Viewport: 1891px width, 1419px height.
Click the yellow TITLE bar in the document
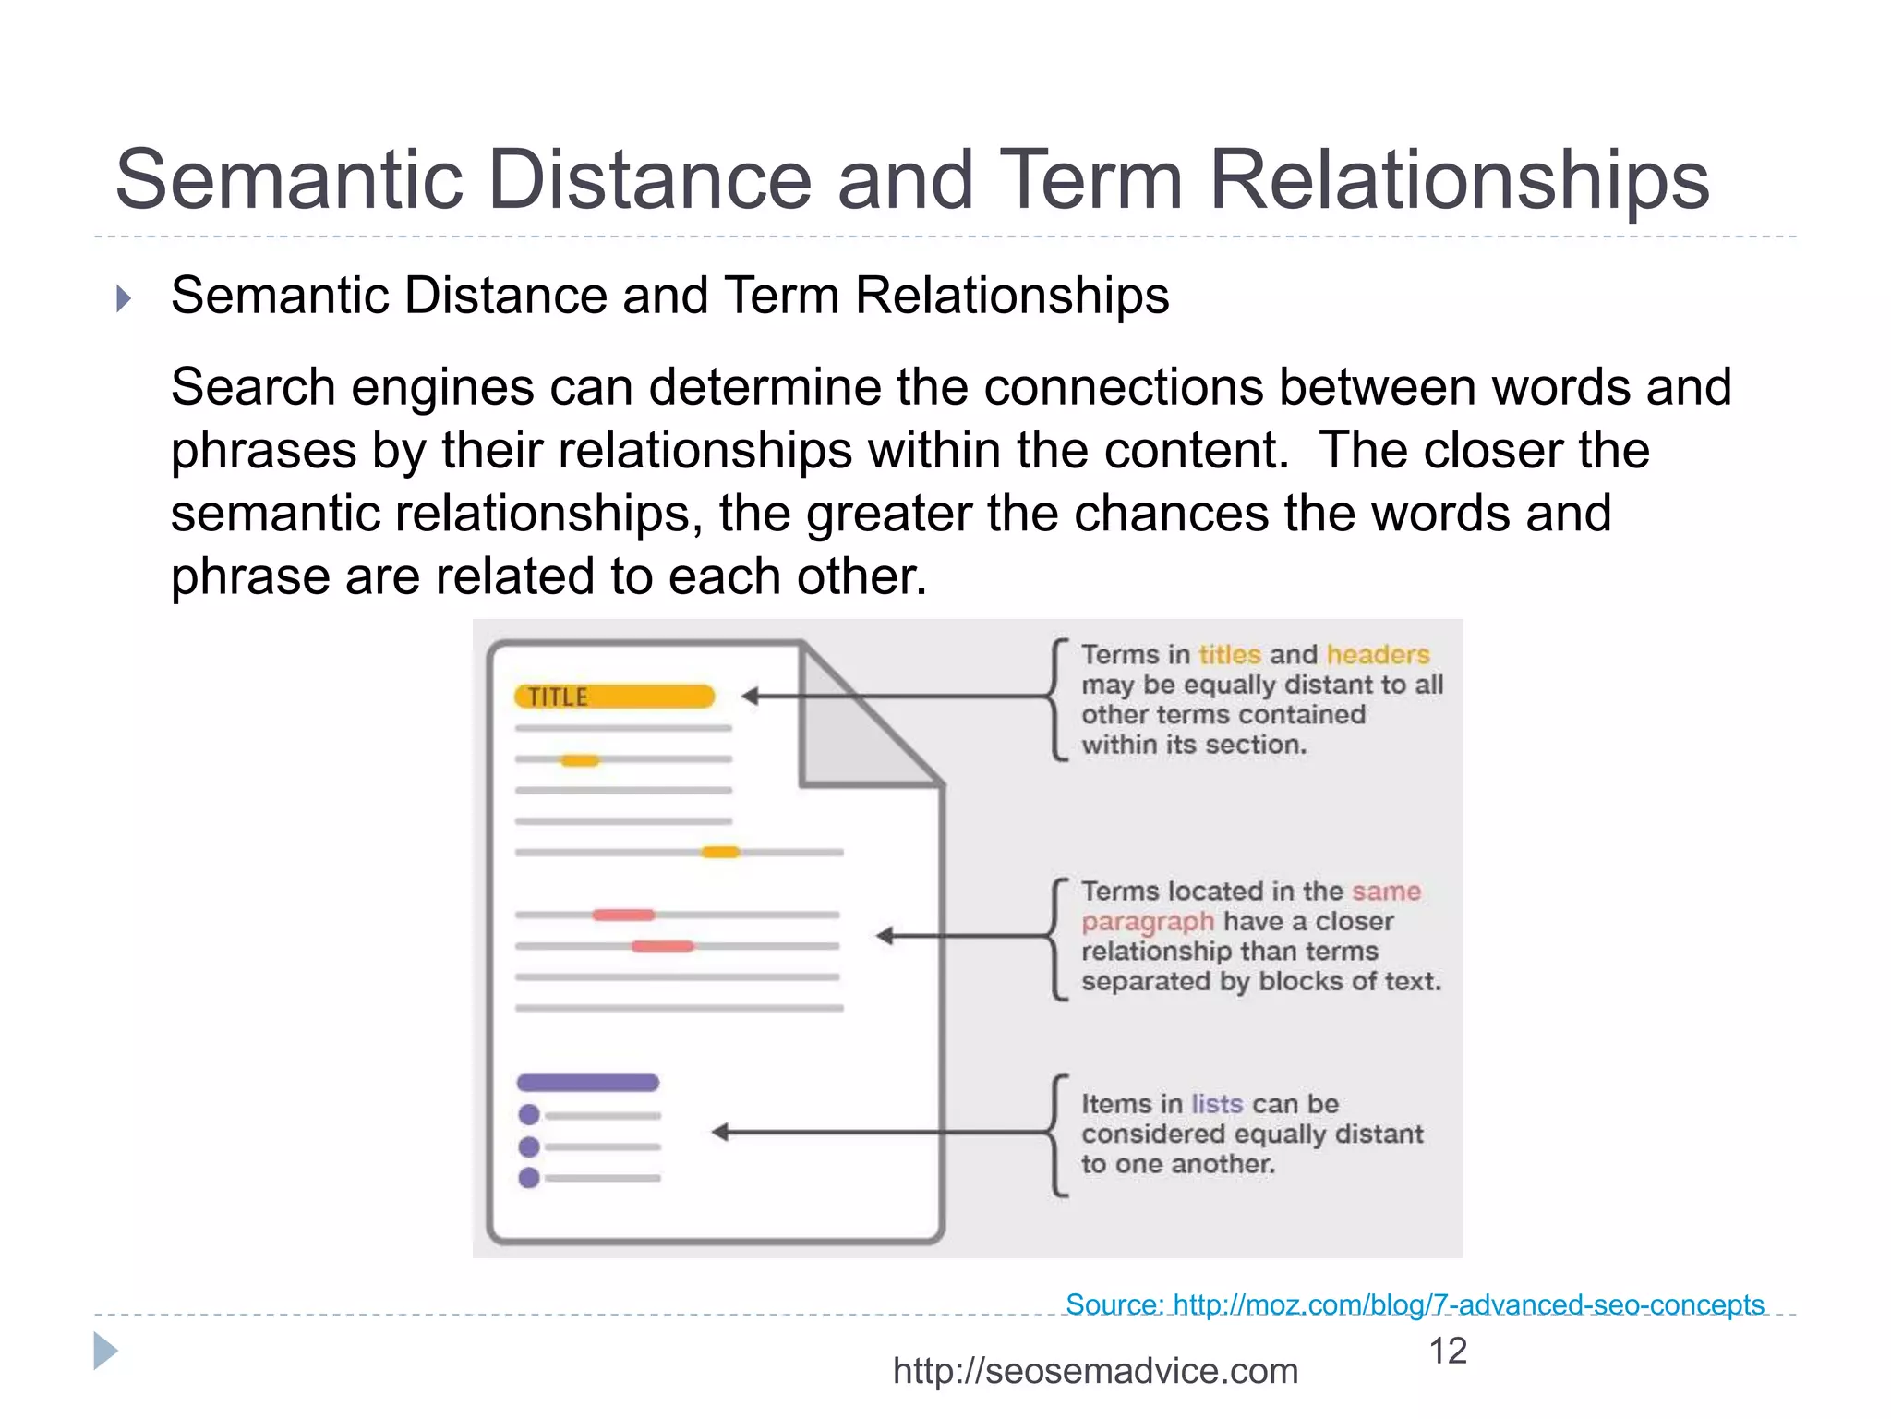(x=615, y=697)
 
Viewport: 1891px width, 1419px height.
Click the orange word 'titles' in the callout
(x=1229, y=654)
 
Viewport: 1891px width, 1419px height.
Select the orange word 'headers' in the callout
(x=1378, y=654)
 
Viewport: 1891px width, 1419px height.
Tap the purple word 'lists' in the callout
(x=1217, y=1104)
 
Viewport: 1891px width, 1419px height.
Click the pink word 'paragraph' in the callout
(x=1148, y=921)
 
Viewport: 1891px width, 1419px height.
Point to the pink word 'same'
(x=1386, y=891)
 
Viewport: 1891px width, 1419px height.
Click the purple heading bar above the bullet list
(x=587, y=1083)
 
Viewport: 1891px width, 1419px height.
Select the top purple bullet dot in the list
(x=529, y=1115)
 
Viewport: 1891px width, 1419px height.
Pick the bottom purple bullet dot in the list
(x=529, y=1178)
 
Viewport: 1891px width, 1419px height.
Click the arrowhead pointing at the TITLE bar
(x=751, y=697)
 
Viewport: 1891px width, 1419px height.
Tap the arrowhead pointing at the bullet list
(x=721, y=1132)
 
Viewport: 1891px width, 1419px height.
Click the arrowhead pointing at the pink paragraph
(x=885, y=936)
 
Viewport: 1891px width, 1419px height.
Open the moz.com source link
(x=1415, y=1304)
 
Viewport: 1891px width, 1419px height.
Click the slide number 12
(x=1447, y=1351)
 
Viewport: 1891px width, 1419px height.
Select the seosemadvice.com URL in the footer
(x=1095, y=1371)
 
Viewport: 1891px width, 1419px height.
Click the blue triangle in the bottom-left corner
(x=105, y=1352)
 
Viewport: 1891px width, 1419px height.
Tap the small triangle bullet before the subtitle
(x=124, y=298)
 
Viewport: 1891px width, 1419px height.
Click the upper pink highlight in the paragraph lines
(x=624, y=915)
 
